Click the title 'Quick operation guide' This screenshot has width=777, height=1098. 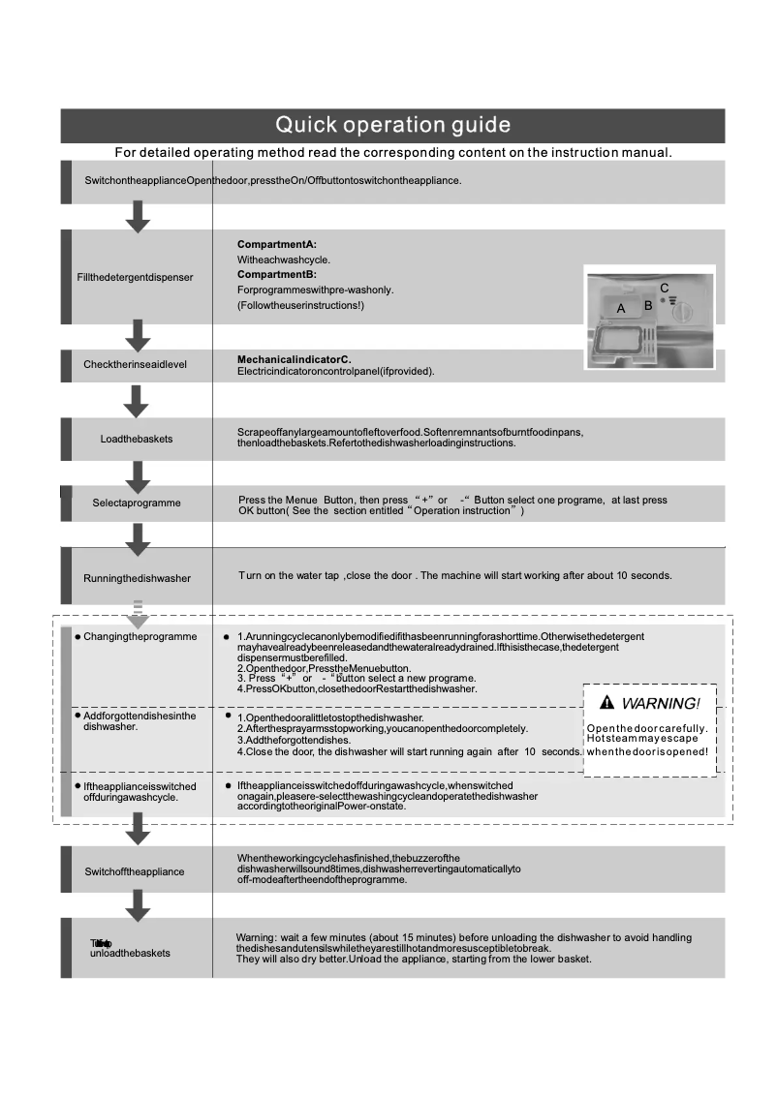(392, 126)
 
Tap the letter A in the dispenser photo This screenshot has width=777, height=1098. (621, 306)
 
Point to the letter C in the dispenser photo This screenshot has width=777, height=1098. (664, 289)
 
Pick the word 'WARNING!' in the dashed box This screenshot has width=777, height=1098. (661, 702)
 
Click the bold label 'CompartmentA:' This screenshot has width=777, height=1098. (277, 245)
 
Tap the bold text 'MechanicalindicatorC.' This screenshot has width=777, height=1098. (295, 359)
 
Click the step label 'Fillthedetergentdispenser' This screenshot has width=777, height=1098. (135, 277)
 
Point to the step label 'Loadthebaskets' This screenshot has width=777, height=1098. (137, 439)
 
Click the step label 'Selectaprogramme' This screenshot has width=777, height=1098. (137, 503)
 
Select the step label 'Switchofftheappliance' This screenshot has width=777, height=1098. (135, 871)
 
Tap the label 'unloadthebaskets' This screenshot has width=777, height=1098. (130, 953)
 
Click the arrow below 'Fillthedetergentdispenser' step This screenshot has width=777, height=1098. (139, 336)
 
